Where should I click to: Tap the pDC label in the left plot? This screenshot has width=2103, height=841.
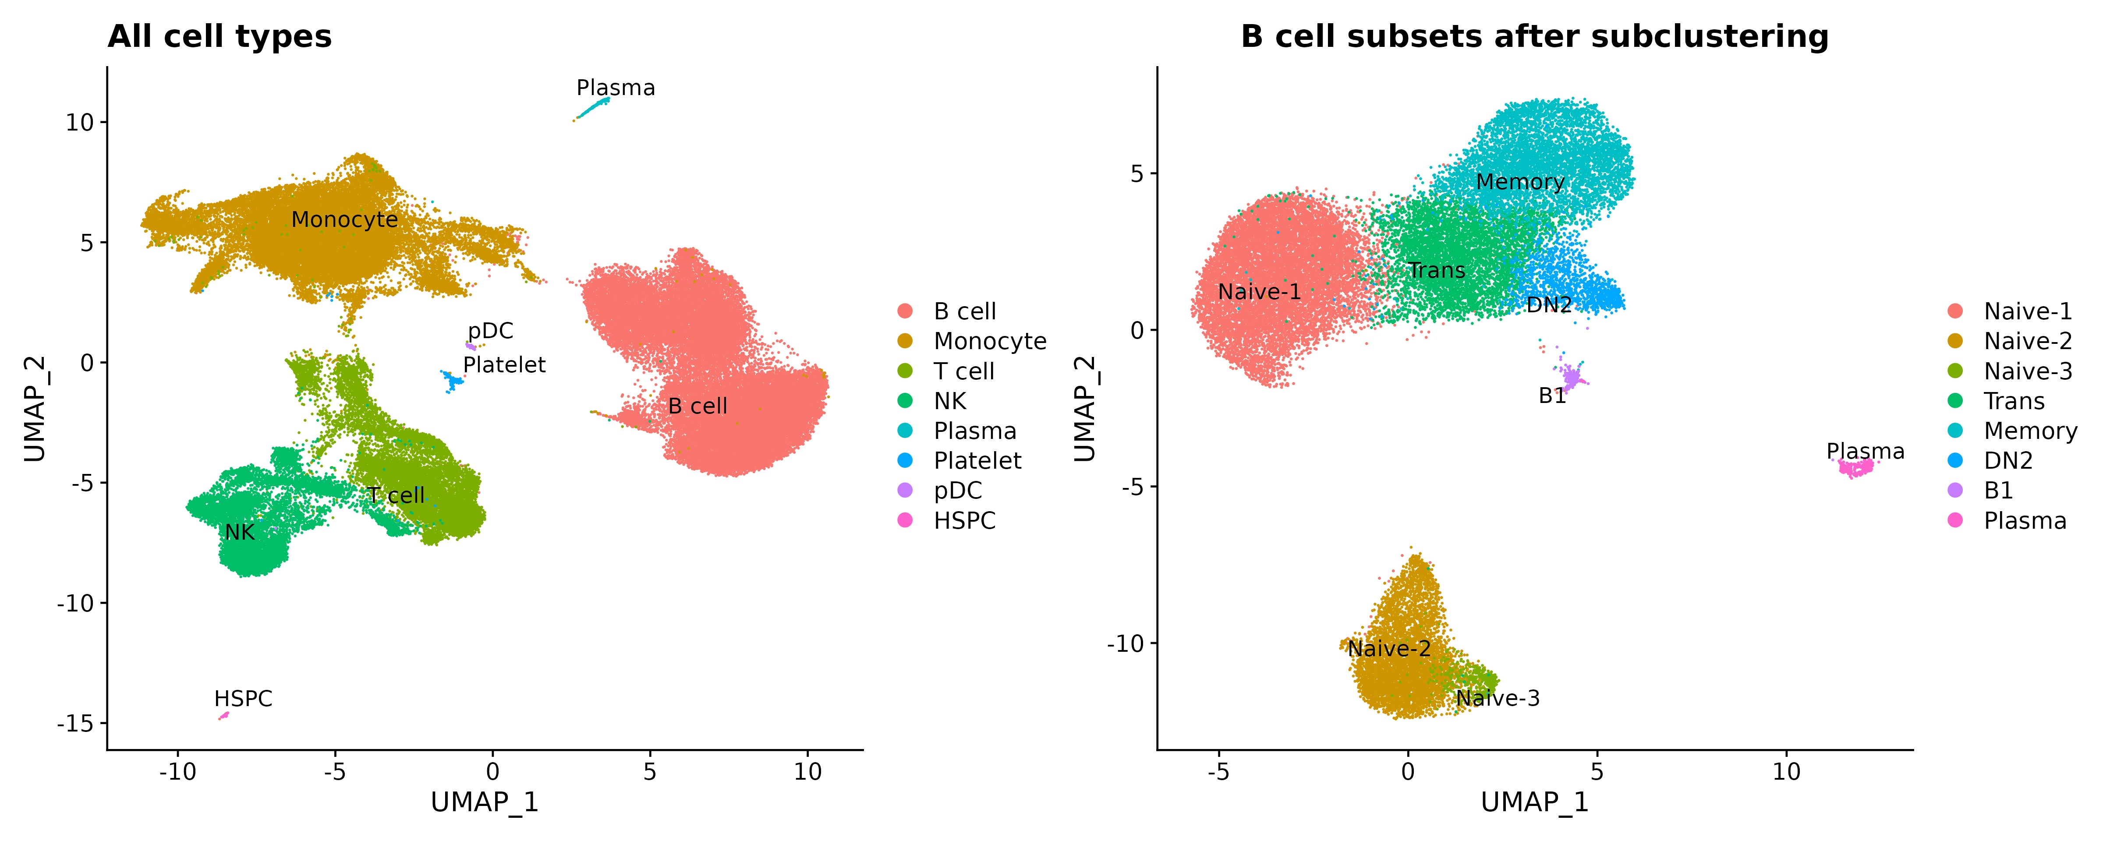[491, 331]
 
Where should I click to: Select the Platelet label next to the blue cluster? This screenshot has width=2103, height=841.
[505, 365]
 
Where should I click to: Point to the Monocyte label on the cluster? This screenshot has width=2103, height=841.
[344, 219]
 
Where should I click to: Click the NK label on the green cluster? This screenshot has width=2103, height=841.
[240, 532]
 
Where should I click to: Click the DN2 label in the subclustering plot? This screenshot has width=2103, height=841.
[1549, 304]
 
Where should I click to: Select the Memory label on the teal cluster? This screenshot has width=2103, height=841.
[1520, 182]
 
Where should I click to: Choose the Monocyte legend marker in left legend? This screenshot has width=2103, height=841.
[905, 341]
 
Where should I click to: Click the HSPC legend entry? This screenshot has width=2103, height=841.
[964, 521]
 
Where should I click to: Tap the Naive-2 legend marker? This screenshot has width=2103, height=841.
[1955, 341]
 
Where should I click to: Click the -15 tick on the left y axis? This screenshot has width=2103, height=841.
[74, 724]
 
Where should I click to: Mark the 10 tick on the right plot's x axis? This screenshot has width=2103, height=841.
[1786, 772]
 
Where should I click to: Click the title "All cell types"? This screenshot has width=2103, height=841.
[220, 37]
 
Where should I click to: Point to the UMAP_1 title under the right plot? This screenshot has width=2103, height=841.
[1535, 802]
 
